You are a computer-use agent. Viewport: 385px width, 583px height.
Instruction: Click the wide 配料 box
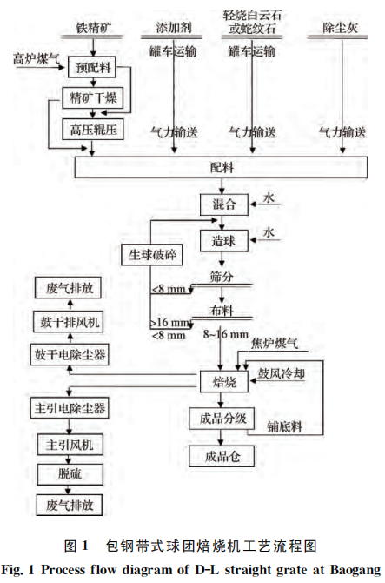(224, 165)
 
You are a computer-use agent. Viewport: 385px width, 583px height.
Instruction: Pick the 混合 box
(224, 205)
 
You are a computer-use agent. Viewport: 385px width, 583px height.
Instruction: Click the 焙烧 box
(213, 380)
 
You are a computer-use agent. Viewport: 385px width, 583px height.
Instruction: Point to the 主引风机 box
(70, 444)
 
